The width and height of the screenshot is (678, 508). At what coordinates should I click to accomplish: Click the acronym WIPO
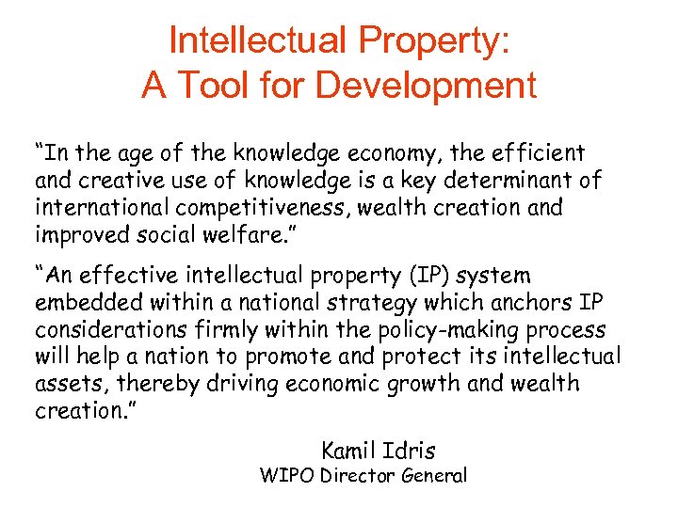tap(286, 476)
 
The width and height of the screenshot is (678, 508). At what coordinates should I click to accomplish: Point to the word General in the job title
tap(431, 476)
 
